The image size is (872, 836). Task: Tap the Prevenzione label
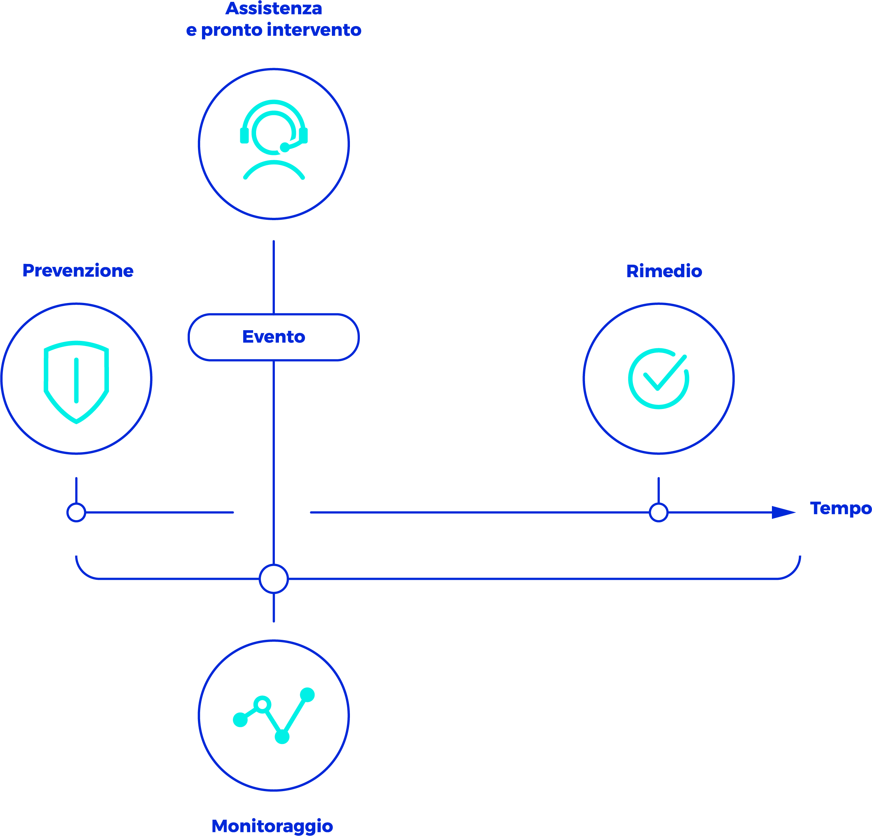pos(78,271)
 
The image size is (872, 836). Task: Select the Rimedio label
pos(664,271)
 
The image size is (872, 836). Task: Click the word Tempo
pos(840,508)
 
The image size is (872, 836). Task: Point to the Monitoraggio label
pos(272,826)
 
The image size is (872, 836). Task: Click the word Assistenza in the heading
pos(274,8)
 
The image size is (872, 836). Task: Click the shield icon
pos(77,381)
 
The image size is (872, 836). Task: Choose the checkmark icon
pos(659,378)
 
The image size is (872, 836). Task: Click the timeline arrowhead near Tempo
pos(783,512)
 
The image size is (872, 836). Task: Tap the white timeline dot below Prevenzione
pos(76,512)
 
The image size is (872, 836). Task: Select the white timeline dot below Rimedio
pos(659,512)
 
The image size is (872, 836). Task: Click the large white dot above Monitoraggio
pos(274,579)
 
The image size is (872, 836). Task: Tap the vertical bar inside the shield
pos(77,380)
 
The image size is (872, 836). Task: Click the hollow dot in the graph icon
pos(262,704)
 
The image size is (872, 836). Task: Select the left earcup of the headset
pos(244,135)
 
